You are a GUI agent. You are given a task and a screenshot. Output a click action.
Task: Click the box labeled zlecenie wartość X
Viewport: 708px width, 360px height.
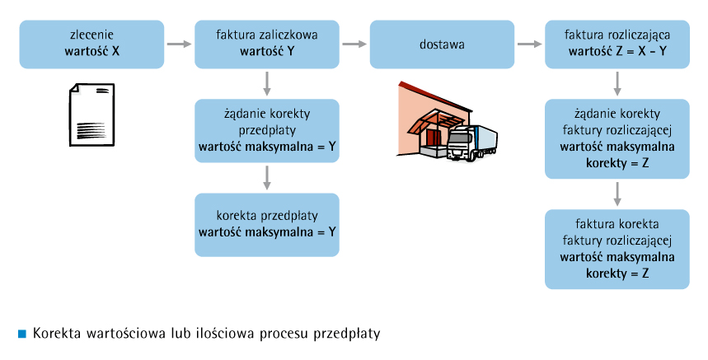coord(91,44)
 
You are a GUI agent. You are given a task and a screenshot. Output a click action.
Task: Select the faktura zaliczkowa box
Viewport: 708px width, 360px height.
coord(267,44)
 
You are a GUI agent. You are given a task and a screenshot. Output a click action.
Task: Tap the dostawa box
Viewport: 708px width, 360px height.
coord(442,44)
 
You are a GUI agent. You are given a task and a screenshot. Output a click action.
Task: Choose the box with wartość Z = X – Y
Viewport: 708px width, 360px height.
coord(617,44)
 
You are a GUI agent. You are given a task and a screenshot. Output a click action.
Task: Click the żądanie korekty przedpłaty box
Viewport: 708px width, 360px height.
coord(267,131)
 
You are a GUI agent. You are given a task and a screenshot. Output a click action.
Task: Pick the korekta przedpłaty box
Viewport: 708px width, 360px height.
coord(267,225)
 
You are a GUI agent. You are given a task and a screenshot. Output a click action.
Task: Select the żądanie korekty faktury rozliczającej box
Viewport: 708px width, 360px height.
coord(617,139)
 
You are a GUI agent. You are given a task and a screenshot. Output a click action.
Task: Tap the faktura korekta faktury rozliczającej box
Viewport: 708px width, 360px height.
coord(617,249)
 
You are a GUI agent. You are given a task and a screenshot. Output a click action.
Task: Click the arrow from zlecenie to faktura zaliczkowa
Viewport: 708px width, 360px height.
coord(179,44)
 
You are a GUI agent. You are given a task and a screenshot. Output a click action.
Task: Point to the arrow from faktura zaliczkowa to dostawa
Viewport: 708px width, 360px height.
coord(354,44)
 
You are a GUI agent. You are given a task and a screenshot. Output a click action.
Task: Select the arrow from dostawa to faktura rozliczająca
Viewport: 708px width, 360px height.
coord(530,44)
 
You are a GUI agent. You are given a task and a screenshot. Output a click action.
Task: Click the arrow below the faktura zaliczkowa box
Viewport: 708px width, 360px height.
coord(267,83)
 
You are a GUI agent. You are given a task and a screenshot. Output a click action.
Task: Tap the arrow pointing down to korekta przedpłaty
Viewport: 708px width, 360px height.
coord(267,178)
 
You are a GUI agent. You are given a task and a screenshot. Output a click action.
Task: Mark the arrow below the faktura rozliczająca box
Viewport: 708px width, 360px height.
coord(617,83)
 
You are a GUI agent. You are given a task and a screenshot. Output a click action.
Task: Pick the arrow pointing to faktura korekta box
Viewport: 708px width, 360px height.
coord(617,194)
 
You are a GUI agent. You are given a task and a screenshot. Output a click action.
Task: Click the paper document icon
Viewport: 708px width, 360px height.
coord(91,115)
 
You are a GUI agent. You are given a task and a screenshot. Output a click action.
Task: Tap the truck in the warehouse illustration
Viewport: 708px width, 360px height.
coord(471,143)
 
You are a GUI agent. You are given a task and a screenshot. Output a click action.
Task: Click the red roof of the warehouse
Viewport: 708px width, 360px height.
coord(434,96)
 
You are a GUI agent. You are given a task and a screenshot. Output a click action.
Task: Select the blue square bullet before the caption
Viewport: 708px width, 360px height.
coord(22,334)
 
